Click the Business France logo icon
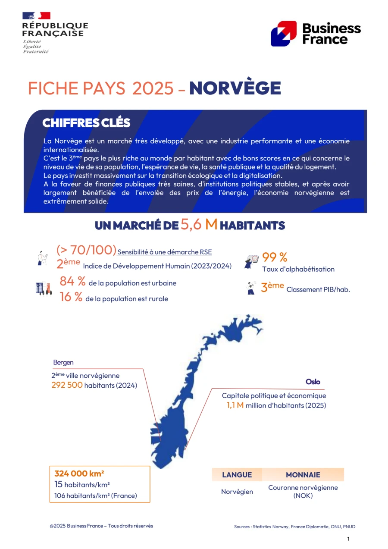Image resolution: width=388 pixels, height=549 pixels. [x=283, y=33]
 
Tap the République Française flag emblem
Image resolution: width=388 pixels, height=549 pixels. [x=37, y=16]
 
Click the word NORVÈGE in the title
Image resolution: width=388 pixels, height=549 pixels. [x=235, y=88]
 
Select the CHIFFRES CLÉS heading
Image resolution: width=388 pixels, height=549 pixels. [x=86, y=123]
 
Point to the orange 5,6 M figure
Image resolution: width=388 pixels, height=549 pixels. [x=199, y=224]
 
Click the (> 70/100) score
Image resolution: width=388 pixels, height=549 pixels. [x=86, y=250]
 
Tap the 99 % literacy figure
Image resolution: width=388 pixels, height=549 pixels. [x=275, y=257]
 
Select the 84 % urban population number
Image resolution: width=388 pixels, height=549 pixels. [x=72, y=282]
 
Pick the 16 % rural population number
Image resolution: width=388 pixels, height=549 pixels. [x=71, y=297]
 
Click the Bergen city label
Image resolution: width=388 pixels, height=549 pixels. [x=63, y=362]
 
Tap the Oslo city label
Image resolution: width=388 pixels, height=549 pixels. [x=313, y=382]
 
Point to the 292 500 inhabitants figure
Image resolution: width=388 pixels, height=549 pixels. [x=67, y=385]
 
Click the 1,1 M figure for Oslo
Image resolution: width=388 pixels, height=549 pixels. [x=235, y=405]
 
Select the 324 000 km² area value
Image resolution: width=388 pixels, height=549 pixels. [x=79, y=474]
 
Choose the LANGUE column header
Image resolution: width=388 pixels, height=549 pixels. [x=237, y=475]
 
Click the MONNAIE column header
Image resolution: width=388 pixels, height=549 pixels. [x=303, y=475]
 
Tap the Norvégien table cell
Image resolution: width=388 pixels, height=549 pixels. [x=237, y=492]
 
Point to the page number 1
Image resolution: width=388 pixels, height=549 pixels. [x=348, y=539]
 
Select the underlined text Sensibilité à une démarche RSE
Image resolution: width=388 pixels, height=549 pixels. [x=165, y=252]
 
